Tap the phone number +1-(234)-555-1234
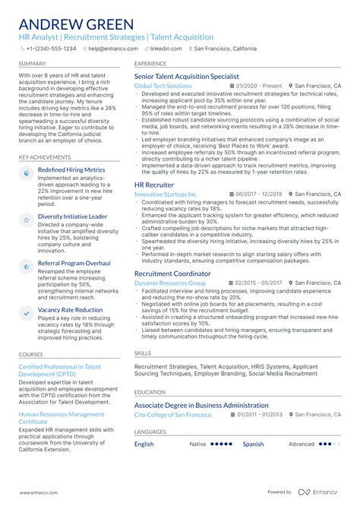[52, 48]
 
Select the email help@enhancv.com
[109, 48]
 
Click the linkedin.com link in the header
[166, 48]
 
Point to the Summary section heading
[31, 64]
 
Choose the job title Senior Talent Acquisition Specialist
[187, 77]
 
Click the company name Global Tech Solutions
[163, 86]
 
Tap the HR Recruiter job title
[154, 185]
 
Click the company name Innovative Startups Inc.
[166, 194]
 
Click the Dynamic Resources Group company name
[170, 283]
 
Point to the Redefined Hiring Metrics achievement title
[71, 170]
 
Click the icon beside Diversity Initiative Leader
[26, 219]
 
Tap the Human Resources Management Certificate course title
[62, 418]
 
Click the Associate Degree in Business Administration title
[201, 405]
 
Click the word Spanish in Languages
[253, 444]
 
